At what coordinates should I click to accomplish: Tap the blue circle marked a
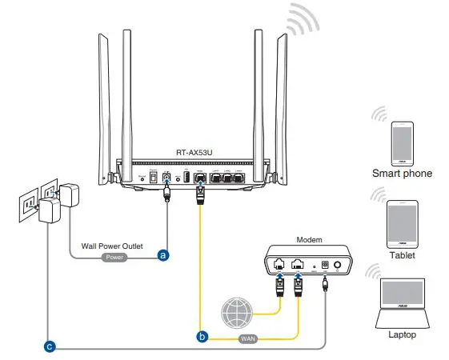[164, 255]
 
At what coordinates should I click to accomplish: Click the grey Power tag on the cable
[114, 258]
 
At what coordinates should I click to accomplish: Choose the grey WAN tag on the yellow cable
[248, 339]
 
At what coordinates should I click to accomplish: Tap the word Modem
[310, 239]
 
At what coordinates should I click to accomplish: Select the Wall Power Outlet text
[112, 246]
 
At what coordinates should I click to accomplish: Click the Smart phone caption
[402, 173]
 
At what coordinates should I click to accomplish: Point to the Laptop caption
[402, 334]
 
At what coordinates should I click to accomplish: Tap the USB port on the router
[185, 178]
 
